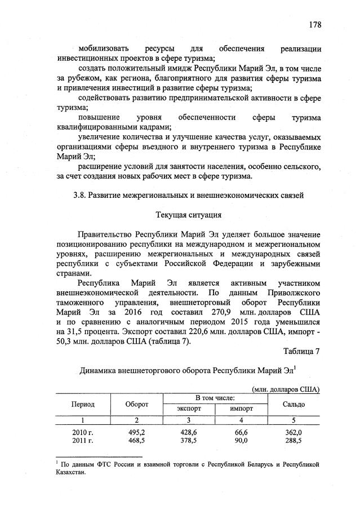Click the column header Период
(82, 404)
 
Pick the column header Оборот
(137, 404)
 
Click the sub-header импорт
(241, 409)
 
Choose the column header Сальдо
(294, 404)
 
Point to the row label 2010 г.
(82, 432)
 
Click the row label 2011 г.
(82, 440)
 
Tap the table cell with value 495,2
(137, 432)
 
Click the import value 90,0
(241, 440)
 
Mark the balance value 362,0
(294, 432)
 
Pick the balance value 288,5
(294, 440)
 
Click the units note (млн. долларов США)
(286, 389)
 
